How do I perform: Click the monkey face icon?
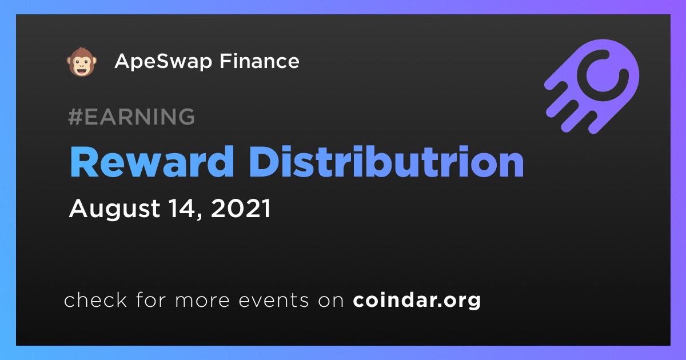81,62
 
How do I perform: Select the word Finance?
260,61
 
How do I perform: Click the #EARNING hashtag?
131,117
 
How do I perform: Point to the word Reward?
152,162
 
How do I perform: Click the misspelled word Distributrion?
386,162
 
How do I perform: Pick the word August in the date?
114,209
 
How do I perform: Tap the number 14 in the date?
183,208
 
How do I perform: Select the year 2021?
241,208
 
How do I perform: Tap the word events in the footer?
273,300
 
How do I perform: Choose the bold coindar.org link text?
417,301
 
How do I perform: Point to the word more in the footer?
202,301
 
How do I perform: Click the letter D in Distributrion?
265,162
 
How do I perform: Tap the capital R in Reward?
84,162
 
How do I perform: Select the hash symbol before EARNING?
75,117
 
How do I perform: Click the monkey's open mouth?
81,71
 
